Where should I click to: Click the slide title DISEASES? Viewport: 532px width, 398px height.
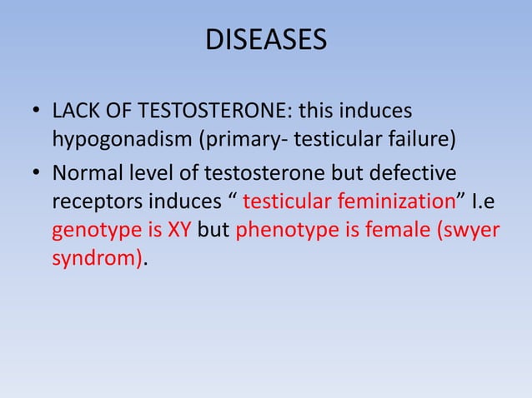coord(266,41)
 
